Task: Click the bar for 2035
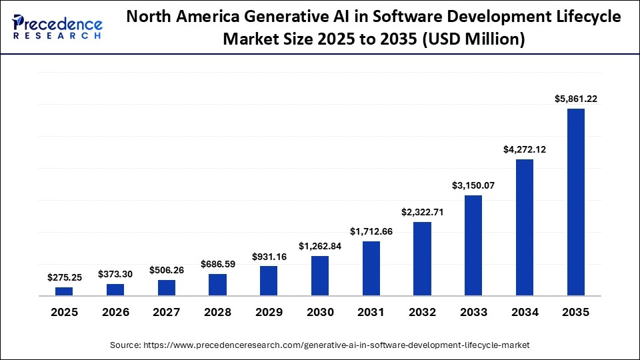pos(575,201)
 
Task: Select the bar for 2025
pos(64,291)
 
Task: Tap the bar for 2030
pos(320,275)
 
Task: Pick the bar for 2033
pos(473,245)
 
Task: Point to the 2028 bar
pos(217,285)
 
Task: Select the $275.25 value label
pos(65,277)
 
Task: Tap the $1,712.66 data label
pos(371,231)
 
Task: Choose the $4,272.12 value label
pos(524,149)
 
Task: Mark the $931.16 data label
pos(269,256)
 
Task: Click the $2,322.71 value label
pos(422,212)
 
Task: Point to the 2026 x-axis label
pos(115,312)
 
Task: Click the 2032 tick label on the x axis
pos(422,312)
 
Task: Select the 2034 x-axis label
pos(524,312)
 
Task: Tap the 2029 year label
pos(269,312)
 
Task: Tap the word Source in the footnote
pos(125,345)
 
